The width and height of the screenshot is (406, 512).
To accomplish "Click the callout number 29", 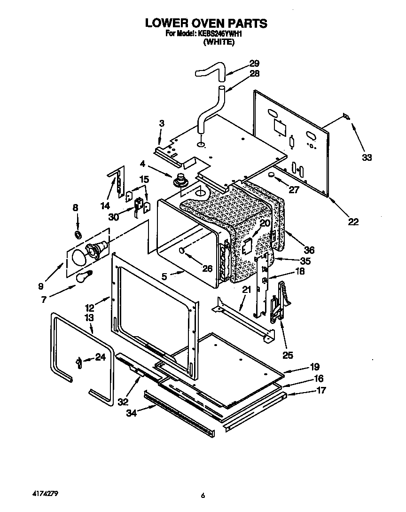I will (x=254, y=63).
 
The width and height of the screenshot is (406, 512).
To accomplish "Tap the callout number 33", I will (x=367, y=158).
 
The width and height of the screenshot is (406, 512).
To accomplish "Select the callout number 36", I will (x=309, y=250).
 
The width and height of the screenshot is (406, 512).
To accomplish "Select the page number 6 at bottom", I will (x=203, y=496).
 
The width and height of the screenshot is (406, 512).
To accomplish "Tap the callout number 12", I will (x=90, y=308).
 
